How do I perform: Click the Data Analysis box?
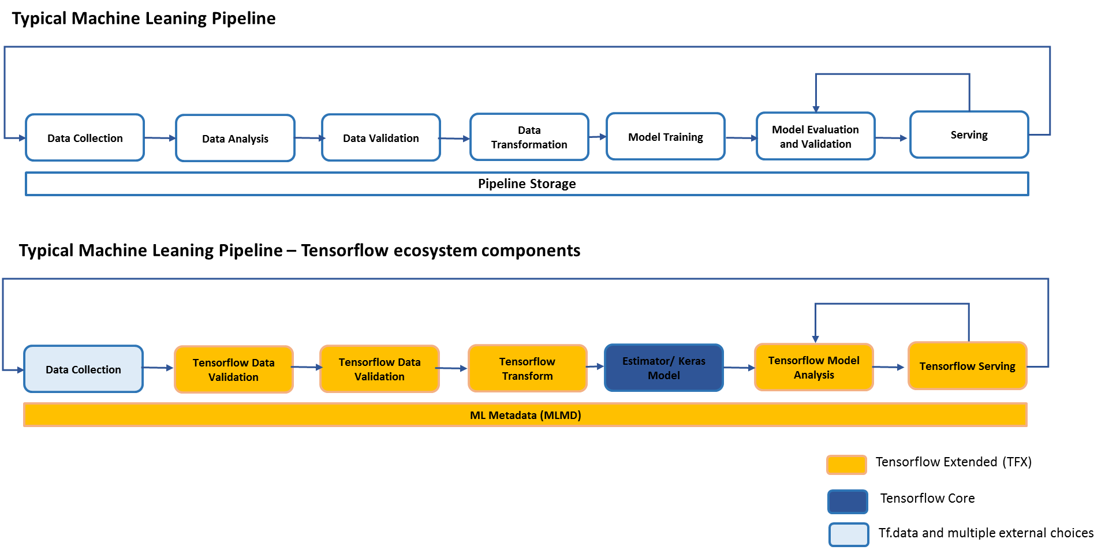(x=235, y=139)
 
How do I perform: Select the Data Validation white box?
(x=381, y=138)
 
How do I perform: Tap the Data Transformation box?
(x=529, y=137)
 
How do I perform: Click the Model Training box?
(x=665, y=137)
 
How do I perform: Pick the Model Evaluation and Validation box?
(x=815, y=137)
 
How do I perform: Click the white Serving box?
(x=969, y=135)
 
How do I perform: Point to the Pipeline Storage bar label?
(x=527, y=184)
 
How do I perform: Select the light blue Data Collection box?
(x=83, y=369)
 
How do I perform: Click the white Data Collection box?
(x=85, y=138)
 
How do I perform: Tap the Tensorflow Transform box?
(x=527, y=369)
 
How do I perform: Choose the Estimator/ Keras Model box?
(x=663, y=368)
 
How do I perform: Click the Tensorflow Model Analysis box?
(x=813, y=368)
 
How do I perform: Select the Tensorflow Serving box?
(x=967, y=366)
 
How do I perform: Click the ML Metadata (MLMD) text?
(x=525, y=415)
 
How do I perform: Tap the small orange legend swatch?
(x=846, y=465)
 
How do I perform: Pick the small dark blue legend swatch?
(x=848, y=502)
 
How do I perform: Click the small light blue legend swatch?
(x=849, y=535)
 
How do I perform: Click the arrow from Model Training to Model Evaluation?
(x=740, y=138)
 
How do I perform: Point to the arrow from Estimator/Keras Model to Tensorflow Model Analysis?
(x=739, y=368)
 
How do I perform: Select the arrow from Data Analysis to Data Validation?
(x=309, y=139)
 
